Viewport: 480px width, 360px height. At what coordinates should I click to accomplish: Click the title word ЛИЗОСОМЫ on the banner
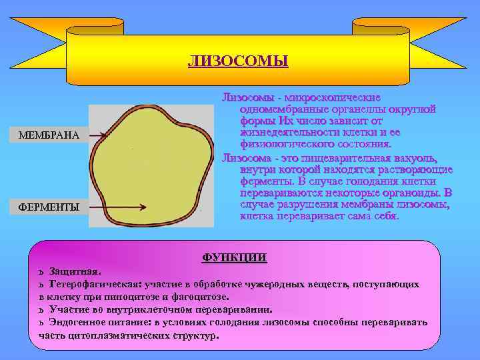click(x=238, y=62)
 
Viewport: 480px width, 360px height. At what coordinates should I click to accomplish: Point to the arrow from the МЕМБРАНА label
click(x=93, y=135)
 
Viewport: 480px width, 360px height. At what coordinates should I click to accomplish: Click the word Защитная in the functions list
click(x=75, y=272)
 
